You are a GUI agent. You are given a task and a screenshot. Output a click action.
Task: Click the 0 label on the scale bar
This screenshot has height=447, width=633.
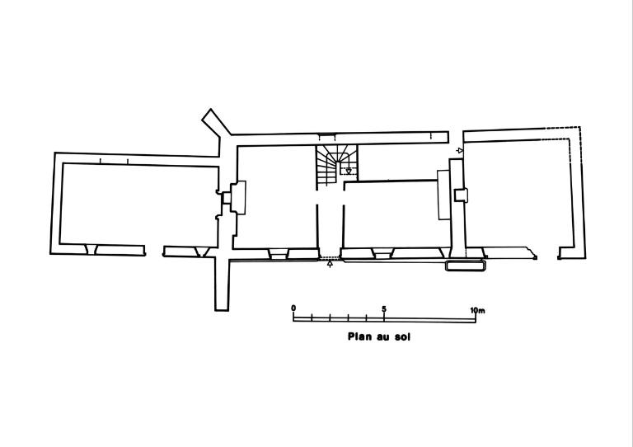pos(293,308)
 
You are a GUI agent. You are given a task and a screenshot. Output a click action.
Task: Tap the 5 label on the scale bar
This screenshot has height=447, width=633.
pos(384,309)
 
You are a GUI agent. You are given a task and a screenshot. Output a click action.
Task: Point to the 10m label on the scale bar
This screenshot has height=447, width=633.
pos(477,311)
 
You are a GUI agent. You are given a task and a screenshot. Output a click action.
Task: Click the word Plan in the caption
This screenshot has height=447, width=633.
pos(360,336)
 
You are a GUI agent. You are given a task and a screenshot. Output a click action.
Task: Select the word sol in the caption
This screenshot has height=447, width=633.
pos(402,337)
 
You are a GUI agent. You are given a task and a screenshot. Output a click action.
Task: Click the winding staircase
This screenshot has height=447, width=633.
pos(336,166)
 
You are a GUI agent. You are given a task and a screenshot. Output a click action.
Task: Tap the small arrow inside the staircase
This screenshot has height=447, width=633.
pos(349,172)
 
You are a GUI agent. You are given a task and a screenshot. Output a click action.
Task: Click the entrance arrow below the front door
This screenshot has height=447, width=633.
pos(330,264)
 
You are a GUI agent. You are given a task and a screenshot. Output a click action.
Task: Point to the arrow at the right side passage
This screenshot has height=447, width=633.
pos(459,151)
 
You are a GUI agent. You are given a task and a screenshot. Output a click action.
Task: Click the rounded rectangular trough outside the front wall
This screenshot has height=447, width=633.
pos(465,266)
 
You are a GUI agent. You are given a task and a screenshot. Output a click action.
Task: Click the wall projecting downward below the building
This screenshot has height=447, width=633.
pos(222,285)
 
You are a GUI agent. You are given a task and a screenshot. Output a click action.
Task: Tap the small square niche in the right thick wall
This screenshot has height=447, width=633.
pos(461,195)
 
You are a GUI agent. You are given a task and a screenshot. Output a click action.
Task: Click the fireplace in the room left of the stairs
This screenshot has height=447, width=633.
pos(237,197)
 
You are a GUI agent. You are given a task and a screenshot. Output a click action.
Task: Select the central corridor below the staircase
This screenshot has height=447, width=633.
pos(331,224)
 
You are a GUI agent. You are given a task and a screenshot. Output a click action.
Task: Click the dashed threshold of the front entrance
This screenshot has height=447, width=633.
pos(330,258)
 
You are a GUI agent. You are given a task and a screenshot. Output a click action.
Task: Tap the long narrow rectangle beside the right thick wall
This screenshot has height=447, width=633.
pos(443,195)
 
